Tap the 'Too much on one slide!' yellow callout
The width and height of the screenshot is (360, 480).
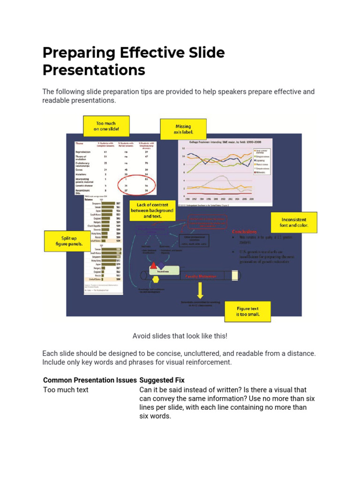[106, 126]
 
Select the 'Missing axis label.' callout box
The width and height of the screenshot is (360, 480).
[183, 129]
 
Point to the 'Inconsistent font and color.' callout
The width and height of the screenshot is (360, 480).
[294, 222]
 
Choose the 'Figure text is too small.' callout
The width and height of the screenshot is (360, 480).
[247, 311]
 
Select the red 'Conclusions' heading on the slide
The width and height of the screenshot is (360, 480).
[245, 232]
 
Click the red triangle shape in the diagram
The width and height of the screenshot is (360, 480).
[153, 265]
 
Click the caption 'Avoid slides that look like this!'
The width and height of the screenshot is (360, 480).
[180, 336]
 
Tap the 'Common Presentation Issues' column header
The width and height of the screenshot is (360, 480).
[90, 380]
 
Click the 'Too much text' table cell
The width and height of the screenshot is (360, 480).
[66, 390]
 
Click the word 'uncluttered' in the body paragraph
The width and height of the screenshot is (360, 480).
[219, 353]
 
